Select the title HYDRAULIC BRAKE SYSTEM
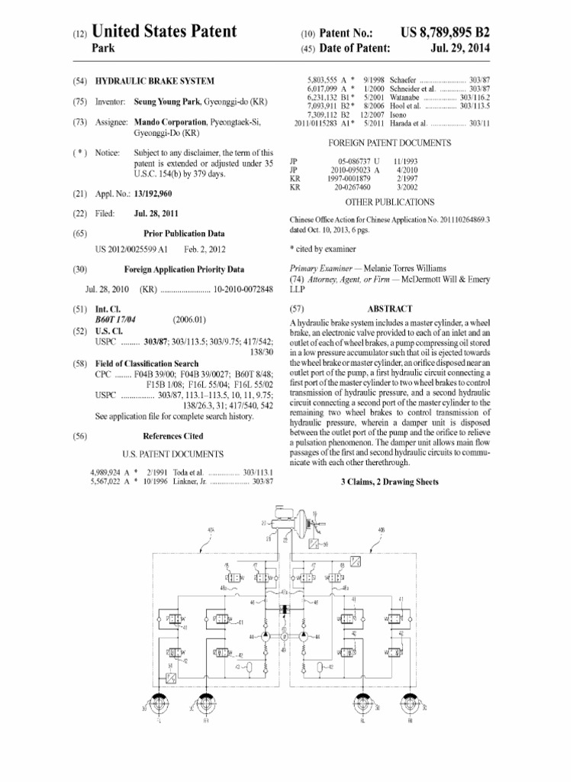click(x=154, y=80)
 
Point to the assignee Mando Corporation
click(x=169, y=122)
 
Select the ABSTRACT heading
click(x=390, y=309)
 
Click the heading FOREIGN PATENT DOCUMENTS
click(x=389, y=143)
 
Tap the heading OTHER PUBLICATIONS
click(x=390, y=202)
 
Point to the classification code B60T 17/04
click(x=115, y=319)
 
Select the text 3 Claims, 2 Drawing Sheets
click(x=389, y=483)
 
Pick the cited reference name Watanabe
click(x=404, y=98)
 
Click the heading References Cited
click(x=173, y=436)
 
